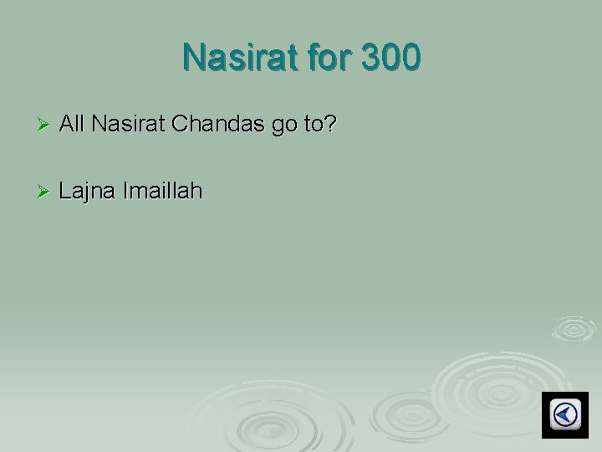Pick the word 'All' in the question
click(x=73, y=126)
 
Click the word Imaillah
click(x=161, y=193)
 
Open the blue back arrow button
click(x=564, y=413)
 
